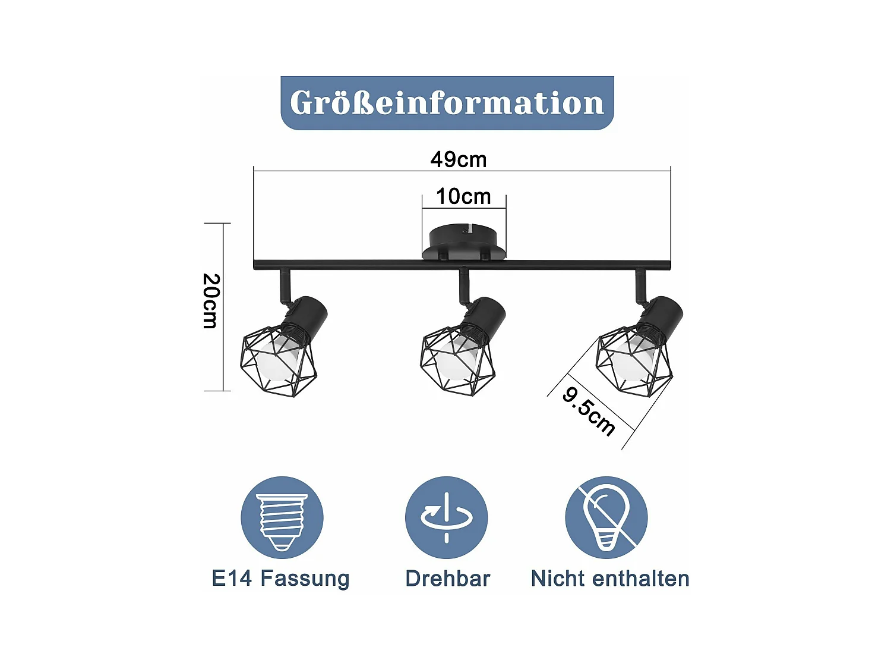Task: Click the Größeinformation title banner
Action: (447, 103)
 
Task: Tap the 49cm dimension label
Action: (459, 159)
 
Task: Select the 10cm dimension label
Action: (463, 197)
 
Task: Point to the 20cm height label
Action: (211, 301)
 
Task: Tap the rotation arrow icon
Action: (446, 518)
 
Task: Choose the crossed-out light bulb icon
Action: (606, 518)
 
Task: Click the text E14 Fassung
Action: (280, 579)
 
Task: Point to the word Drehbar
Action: (448, 578)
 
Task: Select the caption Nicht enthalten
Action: (610, 578)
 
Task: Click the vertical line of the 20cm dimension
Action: (223, 307)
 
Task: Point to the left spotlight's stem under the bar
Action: (285, 287)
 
